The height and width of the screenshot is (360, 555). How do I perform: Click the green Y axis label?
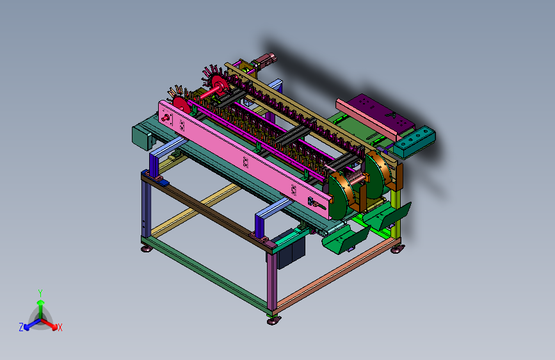point(40,293)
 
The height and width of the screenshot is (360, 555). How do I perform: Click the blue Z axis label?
point(21,327)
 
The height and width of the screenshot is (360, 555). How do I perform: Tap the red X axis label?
point(60,327)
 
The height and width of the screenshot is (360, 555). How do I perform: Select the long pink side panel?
point(245,160)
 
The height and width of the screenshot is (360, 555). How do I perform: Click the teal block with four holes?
point(414,142)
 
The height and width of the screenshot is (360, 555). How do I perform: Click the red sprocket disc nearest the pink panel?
point(181,105)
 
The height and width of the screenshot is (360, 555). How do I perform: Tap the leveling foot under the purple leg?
point(273,321)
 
